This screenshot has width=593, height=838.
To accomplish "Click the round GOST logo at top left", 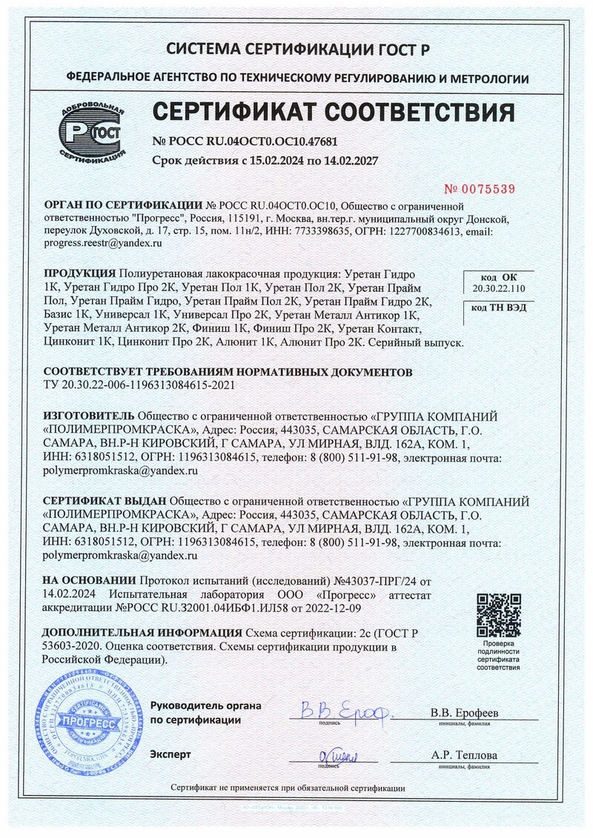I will click(93, 134).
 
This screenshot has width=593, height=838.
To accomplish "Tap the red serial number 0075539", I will click(479, 189).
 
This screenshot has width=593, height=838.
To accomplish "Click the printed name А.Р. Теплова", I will click(464, 756).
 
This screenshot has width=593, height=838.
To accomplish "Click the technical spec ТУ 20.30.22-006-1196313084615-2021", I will click(142, 385).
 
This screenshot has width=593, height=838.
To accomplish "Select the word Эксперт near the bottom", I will click(170, 754).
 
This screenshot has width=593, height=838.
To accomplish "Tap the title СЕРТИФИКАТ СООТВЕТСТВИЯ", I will click(333, 112).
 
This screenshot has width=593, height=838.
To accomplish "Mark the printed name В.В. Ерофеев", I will click(464, 713).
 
